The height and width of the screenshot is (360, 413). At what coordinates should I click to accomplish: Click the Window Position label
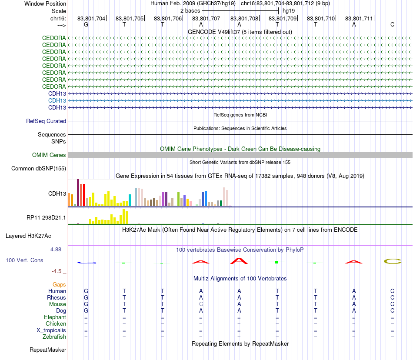pyautogui.click(x=45, y=3)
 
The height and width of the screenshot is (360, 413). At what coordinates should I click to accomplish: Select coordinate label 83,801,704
pyautogui.click(x=91, y=18)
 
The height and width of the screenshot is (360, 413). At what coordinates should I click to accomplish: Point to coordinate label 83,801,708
pyautogui.click(x=244, y=18)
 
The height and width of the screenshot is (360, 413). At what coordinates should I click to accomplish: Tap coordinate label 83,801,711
pyautogui.click(x=359, y=18)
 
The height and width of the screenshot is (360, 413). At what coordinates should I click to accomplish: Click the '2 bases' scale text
pyautogui.click(x=190, y=10)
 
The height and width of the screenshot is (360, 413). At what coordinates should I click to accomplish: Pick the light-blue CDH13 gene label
pyautogui.click(x=57, y=100)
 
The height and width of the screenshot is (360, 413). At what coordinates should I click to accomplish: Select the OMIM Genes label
pyautogui.click(x=49, y=155)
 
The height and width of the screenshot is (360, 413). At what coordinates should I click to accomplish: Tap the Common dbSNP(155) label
pyautogui.click(x=39, y=169)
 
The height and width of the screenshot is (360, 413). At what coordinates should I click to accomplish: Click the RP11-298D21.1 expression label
pyautogui.click(x=47, y=217)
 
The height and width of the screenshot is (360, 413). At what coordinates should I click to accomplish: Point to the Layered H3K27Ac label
pyautogui.click(x=28, y=236)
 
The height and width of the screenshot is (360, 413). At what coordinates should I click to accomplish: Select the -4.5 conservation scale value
pyautogui.click(x=57, y=271)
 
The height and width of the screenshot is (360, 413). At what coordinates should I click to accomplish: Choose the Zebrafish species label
pyautogui.click(x=54, y=337)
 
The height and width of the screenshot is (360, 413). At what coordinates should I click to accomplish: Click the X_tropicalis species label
pyautogui.click(x=51, y=330)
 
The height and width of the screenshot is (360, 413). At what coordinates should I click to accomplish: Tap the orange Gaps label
pyautogui.click(x=59, y=284)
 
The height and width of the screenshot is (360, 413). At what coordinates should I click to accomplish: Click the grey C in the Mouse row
pyautogui.click(x=201, y=304)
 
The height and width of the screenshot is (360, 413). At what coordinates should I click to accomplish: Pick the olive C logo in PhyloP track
pyautogui.click(x=392, y=261)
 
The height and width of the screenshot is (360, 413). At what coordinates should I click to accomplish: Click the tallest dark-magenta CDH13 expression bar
pyautogui.click(x=78, y=192)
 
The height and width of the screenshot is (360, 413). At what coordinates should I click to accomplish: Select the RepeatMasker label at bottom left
pyautogui.click(x=48, y=350)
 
